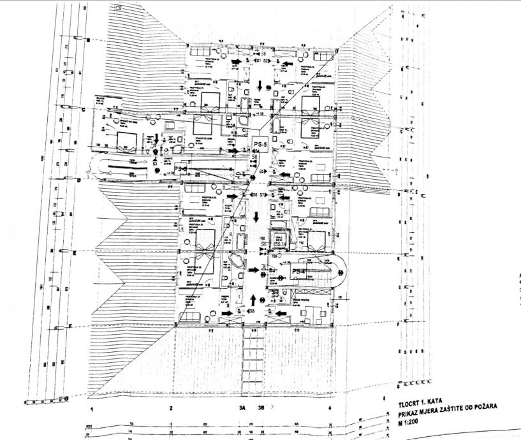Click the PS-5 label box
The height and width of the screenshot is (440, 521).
point(260,143)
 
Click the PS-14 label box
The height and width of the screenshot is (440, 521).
point(279,244)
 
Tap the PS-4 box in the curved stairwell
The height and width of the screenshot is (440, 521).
point(299,272)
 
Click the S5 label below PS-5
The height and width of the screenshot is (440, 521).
point(262,172)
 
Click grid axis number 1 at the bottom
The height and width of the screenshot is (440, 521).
point(92,407)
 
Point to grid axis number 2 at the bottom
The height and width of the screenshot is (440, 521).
point(171,407)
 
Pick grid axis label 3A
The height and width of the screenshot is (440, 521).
point(242,407)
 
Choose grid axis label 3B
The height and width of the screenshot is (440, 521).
point(261,407)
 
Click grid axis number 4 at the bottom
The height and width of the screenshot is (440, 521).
point(329,407)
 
